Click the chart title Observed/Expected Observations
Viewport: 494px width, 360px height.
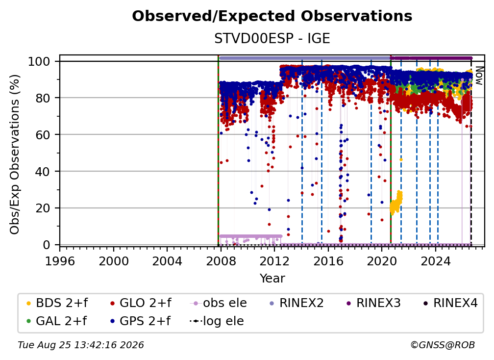click(x=272, y=16)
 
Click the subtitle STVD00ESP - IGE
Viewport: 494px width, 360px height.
click(x=272, y=38)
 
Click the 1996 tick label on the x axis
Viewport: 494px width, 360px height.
click(x=60, y=261)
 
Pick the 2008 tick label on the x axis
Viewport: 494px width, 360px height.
click(x=221, y=261)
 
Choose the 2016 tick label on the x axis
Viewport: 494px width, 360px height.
click(x=328, y=261)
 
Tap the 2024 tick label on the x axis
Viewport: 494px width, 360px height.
click(x=435, y=261)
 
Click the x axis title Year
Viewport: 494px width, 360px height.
click(x=272, y=279)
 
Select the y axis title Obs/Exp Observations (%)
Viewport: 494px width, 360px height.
click(x=15, y=154)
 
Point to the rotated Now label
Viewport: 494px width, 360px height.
click(x=479, y=76)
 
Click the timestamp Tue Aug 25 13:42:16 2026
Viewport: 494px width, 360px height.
click(x=81, y=345)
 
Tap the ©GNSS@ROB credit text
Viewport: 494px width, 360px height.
click(x=443, y=345)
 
